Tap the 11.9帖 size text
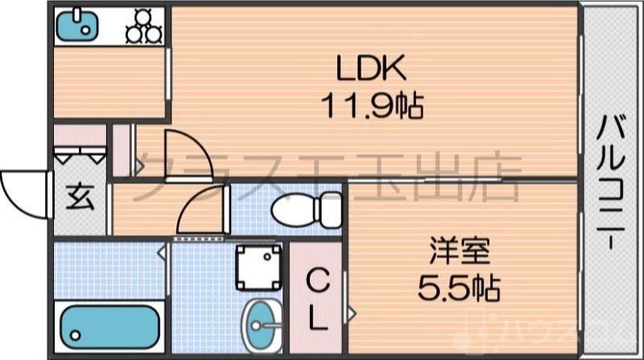pyautogui.click(x=373, y=105)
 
